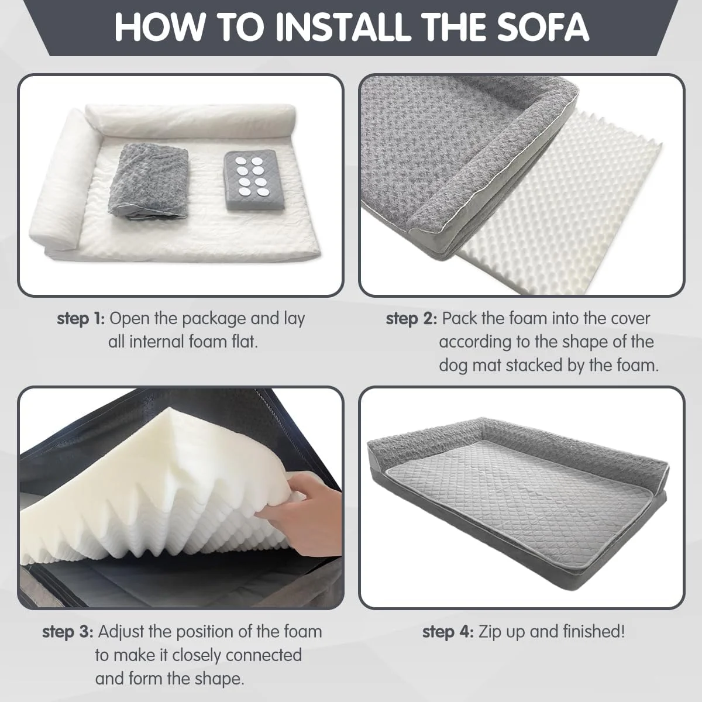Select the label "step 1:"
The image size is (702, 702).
[81, 319]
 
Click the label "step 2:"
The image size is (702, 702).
[411, 319]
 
